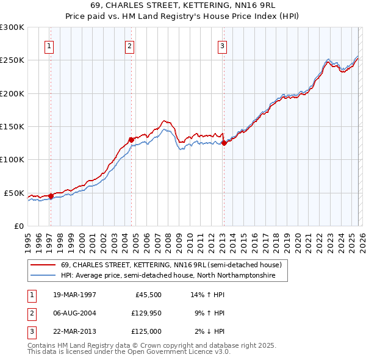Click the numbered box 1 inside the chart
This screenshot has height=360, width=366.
(48, 45)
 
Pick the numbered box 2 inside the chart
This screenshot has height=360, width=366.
(130, 45)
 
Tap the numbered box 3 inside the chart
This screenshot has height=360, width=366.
(223, 45)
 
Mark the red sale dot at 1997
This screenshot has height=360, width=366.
(51, 196)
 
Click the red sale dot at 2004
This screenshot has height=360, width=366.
(131, 140)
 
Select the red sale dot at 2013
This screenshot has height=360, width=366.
(224, 143)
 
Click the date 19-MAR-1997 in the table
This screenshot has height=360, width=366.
(74, 295)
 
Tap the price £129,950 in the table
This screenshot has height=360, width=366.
(145, 313)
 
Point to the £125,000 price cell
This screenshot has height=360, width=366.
(145, 331)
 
